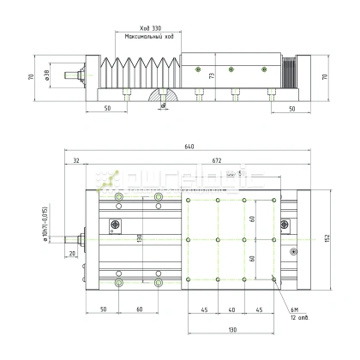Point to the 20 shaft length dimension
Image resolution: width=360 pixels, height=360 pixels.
point(72,254)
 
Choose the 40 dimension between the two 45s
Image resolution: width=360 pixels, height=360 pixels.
point(231,310)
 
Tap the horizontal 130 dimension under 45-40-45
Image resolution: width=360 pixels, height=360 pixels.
point(231,329)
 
